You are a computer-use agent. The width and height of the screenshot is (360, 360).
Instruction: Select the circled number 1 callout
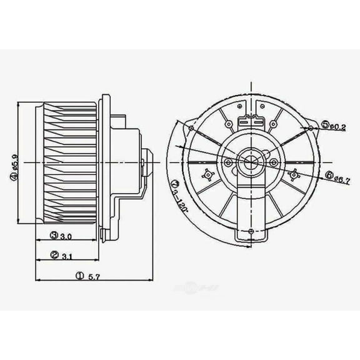[80, 275]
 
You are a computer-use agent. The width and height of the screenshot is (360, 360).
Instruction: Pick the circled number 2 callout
[55, 256]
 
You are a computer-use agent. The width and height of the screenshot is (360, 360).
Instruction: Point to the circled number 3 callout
[55, 236]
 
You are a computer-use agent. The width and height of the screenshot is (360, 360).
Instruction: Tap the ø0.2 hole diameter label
[337, 127]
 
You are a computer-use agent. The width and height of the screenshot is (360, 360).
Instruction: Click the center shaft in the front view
[250, 163]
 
